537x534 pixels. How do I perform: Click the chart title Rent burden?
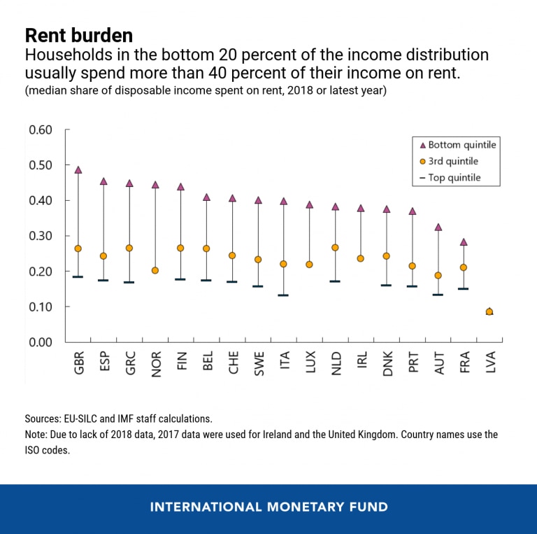[x=78, y=35]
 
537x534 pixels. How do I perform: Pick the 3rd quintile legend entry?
[x=454, y=162]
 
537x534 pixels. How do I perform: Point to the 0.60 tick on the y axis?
[x=41, y=130]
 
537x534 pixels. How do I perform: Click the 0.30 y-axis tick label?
[x=41, y=236]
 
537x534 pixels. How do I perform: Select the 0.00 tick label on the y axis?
[x=41, y=342]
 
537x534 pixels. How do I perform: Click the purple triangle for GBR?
[x=78, y=170]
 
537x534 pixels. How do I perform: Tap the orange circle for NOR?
[x=155, y=270]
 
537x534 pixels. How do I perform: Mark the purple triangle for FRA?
[x=463, y=242]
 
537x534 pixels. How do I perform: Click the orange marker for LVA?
[x=489, y=311]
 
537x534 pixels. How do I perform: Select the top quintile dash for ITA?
[x=283, y=295]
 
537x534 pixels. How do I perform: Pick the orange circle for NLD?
[x=335, y=248]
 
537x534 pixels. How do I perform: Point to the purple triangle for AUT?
[x=438, y=227]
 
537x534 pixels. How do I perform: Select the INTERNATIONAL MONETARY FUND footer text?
[x=268, y=507]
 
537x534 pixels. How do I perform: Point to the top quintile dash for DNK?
[x=386, y=286]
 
